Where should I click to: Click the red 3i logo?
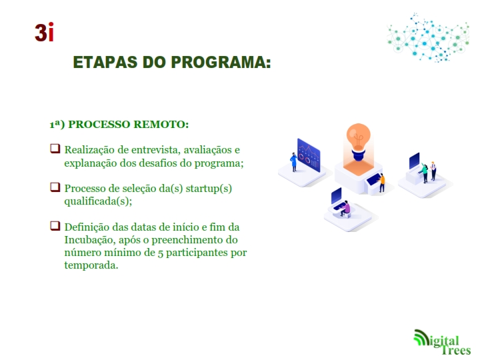coord(44,32)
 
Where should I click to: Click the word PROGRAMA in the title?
coord(221,62)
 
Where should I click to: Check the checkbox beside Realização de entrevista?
coord(55,149)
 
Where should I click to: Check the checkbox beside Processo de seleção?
coord(55,187)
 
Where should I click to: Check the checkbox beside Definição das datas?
coord(55,225)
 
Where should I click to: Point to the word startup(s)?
coord(209,189)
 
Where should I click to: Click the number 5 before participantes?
coord(160,253)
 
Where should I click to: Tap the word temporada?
coord(91,265)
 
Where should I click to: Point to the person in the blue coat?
coord(293,162)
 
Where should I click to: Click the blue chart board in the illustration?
coord(309,155)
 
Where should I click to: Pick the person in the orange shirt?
coord(381,183)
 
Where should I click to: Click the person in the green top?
coord(425,173)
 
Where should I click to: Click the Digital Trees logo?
coord(442,342)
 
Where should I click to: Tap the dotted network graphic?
coord(428,37)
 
